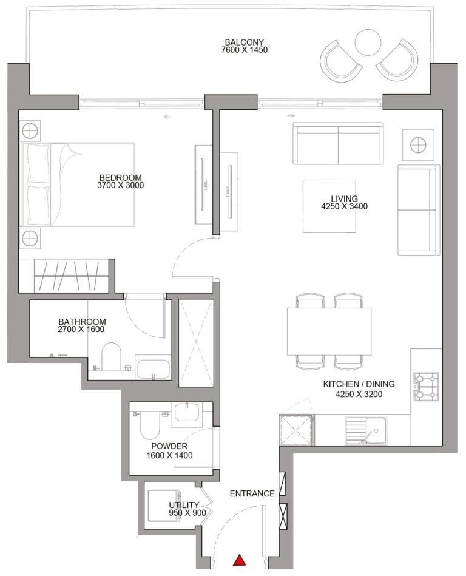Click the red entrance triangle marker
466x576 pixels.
(x=240, y=560)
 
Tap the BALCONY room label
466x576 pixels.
(x=244, y=42)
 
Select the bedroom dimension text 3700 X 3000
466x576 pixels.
(x=121, y=186)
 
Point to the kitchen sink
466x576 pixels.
(x=365, y=430)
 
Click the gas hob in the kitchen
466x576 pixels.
(x=426, y=387)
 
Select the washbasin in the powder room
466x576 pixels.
(x=187, y=412)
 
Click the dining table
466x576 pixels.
(x=329, y=331)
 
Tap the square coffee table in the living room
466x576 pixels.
(x=329, y=206)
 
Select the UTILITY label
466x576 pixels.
(x=184, y=505)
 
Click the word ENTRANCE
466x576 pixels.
(x=252, y=493)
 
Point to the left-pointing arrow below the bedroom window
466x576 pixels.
(x=167, y=117)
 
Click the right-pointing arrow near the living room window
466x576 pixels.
(x=291, y=116)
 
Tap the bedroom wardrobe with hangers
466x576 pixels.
(x=71, y=276)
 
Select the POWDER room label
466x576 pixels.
(x=169, y=446)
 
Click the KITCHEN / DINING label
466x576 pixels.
(x=359, y=384)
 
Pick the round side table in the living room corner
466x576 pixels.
(x=418, y=144)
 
